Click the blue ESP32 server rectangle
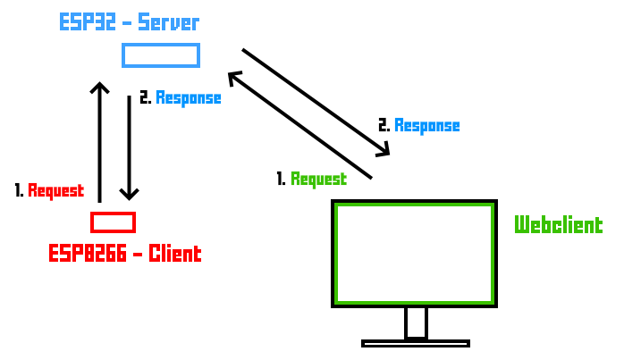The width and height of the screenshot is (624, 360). pyautogui.click(x=161, y=55)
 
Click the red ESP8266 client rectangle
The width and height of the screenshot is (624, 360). pyautogui.click(x=113, y=222)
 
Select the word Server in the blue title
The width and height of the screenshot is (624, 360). pyautogui.click(x=168, y=22)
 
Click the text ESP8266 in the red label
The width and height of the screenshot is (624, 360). pyautogui.click(x=84, y=254)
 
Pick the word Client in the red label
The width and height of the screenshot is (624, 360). pyautogui.click(x=175, y=254)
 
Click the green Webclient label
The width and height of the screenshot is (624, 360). pyautogui.click(x=558, y=225)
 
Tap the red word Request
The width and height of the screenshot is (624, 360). pyautogui.click(x=55, y=191)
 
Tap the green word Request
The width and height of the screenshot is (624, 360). pyautogui.click(x=318, y=180)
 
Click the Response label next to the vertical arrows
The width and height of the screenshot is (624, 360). pyautogui.click(x=188, y=98)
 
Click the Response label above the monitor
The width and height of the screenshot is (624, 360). pyautogui.click(x=426, y=126)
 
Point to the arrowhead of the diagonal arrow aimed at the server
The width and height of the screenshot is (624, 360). pyautogui.click(x=234, y=79)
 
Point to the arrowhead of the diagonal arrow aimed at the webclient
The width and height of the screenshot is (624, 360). pyautogui.click(x=384, y=150)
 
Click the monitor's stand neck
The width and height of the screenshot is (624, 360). pyautogui.click(x=416, y=322)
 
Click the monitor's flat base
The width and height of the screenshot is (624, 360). pyautogui.click(x=416, y=343)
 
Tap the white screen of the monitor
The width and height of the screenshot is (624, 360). pyautogui.click(x=414, y=254)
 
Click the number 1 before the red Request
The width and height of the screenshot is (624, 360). pyautogui.click(x=19, y=191)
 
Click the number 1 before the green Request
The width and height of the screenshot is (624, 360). pyautogui.click(x=281, y=180)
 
